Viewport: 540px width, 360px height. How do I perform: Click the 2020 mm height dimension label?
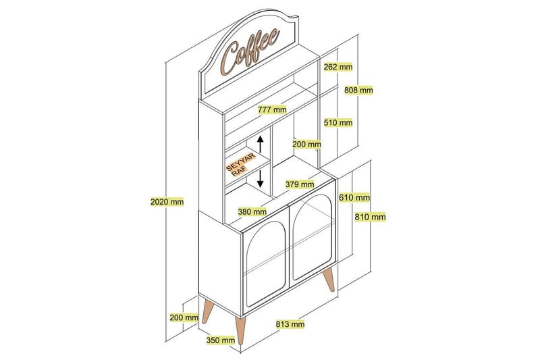coord(167,201)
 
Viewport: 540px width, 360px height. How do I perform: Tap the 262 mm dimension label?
coord(338,66)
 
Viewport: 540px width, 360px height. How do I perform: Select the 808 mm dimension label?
coord(358,91)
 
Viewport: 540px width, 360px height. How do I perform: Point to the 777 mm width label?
coord(273,109)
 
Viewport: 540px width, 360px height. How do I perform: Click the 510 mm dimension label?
coord(338,122)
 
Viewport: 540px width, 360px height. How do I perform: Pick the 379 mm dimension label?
coord(300,184)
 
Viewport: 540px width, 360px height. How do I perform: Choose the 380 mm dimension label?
coord(252,211)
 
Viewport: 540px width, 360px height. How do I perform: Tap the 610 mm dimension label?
coord(354,197)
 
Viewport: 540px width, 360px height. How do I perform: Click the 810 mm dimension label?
coord(370,217)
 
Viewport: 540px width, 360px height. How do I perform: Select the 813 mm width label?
coord(290,324)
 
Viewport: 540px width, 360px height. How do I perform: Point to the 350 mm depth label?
coord(221,340)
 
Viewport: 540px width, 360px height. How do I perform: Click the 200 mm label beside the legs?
coord(184,317)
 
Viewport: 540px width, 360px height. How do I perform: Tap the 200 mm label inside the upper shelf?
coord(306,144)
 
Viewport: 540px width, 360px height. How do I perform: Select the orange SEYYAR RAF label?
coord(241,165)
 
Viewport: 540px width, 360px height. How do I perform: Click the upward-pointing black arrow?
coord(261,144)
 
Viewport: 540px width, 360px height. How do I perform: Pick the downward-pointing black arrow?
coord(261,179)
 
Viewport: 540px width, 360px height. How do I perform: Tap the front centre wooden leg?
coord(240,331)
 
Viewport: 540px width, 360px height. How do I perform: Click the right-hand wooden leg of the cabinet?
coord(329,280)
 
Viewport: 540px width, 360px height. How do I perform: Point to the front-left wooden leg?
coord(208,311)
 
